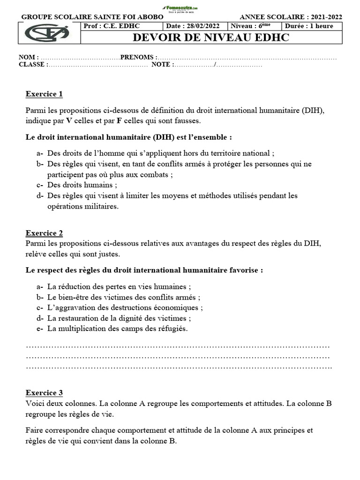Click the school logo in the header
[47, 33]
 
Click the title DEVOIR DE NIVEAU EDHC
[211, 37]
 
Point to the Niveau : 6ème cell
[250, 26]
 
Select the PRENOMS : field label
[139, 57]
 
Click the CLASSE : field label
[33, 65]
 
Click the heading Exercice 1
[44, 94]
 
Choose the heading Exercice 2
[44, 233]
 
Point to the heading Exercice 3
[44, 393]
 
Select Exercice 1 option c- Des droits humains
[82, 185]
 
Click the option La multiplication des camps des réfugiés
[117, 329]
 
